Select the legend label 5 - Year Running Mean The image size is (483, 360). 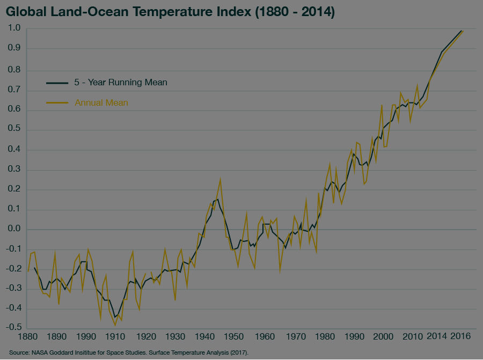tap(121, 83)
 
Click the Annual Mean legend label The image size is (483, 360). tap(101, 102)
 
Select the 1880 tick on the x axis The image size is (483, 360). tap(27, 337)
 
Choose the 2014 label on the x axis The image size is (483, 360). tap(436, 337)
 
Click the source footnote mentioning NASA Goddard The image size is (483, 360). tap(128, 353)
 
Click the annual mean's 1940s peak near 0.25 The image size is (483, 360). tap(220, 179)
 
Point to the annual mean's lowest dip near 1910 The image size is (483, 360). tap(115, 325)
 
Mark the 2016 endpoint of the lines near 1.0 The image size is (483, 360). tap(462, 31)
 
